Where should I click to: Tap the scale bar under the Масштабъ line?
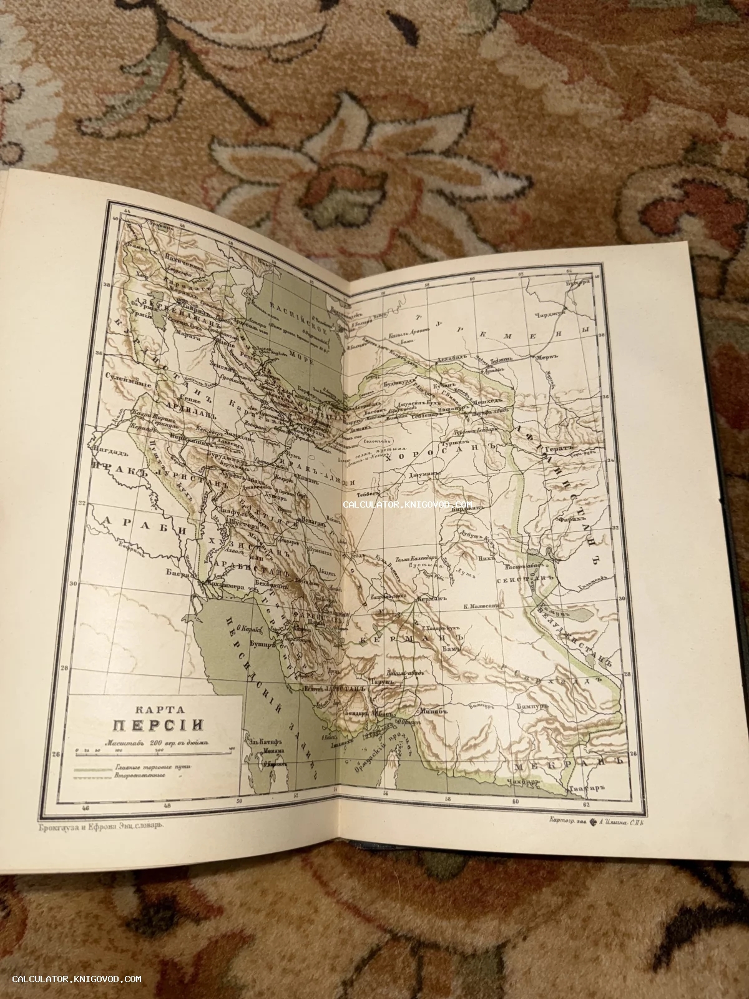point(153,748)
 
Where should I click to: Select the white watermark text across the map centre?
point(407,504)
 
